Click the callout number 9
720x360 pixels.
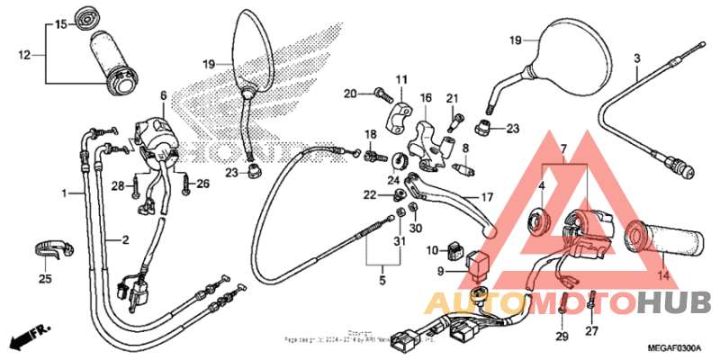(x=442, y=270)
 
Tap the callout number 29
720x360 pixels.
(x=562, y=336)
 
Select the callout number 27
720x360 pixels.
(x=591, y=331)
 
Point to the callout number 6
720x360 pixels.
(x=164, y=94)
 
